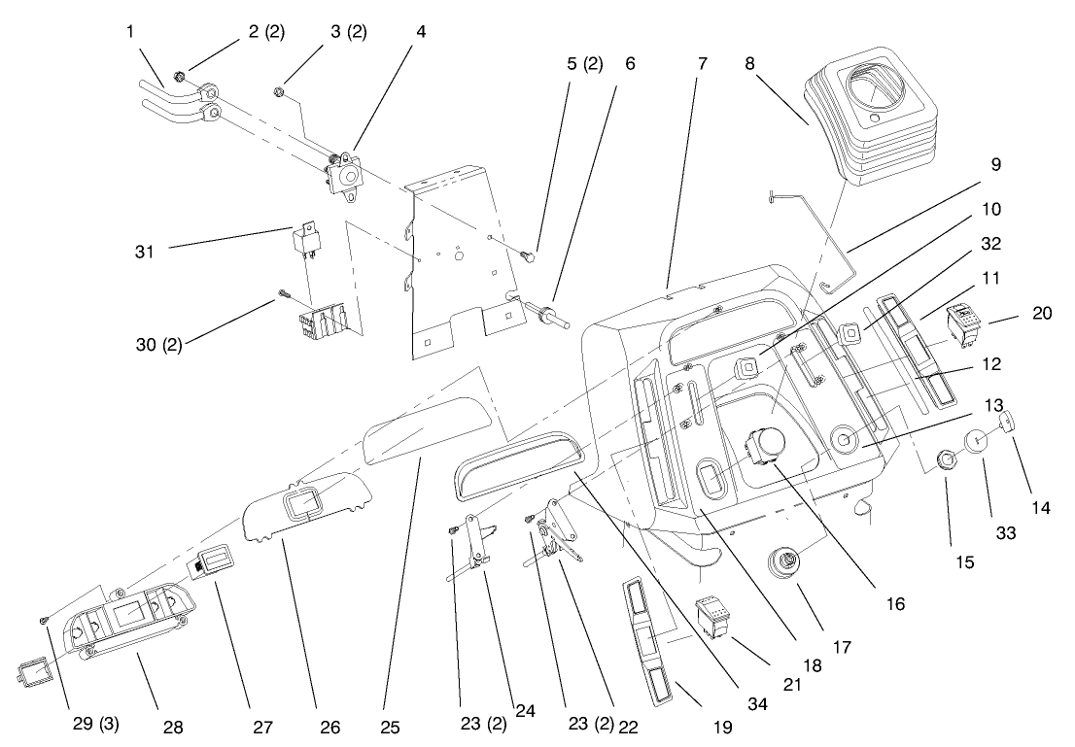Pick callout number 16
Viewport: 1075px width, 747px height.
tap(895, 604)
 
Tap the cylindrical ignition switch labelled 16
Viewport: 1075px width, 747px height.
tap(764, 450)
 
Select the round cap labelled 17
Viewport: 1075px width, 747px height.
tap(783, 562)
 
